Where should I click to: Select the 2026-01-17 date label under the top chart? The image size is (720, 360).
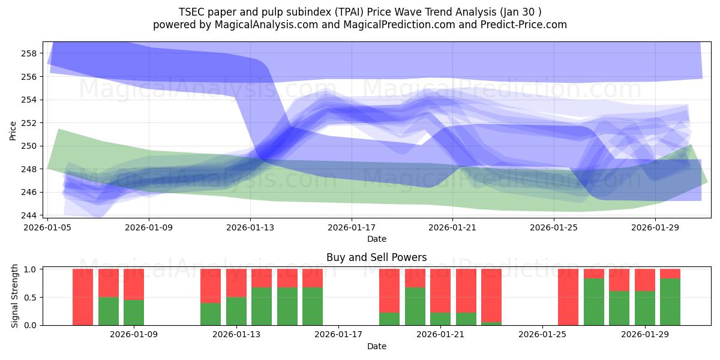[x=352, y=228]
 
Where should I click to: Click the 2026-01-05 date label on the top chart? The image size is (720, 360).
[x=48, y=228]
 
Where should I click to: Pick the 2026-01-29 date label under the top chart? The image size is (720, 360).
[x=655, y=228]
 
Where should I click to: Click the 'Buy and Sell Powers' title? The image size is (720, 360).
[x=376, y=257]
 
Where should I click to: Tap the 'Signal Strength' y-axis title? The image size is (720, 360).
[x=15, y=297]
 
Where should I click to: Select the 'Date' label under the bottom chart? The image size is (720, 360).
[x=376, y=346]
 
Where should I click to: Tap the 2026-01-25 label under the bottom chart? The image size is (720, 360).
[x=542, y=335]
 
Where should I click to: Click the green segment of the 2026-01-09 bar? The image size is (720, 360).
[x=134, y=312]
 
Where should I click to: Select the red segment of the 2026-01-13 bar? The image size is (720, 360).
[x=236, y=283]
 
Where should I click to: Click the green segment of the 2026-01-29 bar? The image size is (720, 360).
[x=644, y=308]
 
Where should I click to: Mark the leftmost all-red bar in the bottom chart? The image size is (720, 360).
[x=83, y=297]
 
